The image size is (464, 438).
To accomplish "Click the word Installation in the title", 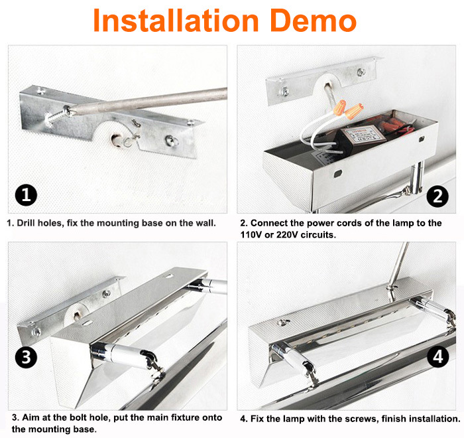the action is [176, 20].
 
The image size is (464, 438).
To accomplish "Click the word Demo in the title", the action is [313, 20].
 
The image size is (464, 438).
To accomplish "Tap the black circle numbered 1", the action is [26, 195].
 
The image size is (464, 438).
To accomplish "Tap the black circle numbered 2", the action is [437, 196].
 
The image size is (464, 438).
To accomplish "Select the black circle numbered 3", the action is [26, 357].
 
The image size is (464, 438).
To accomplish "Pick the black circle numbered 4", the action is [438, 356].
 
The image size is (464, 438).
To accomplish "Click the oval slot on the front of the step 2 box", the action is [338, 174].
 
